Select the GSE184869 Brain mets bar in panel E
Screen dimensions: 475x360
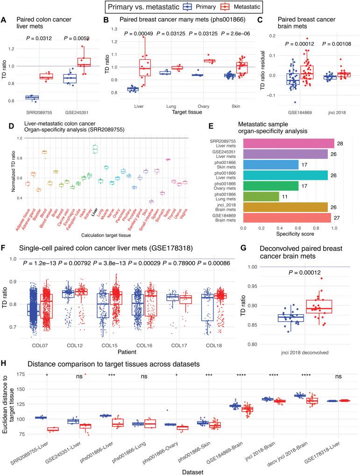click(x=287, y=218)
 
